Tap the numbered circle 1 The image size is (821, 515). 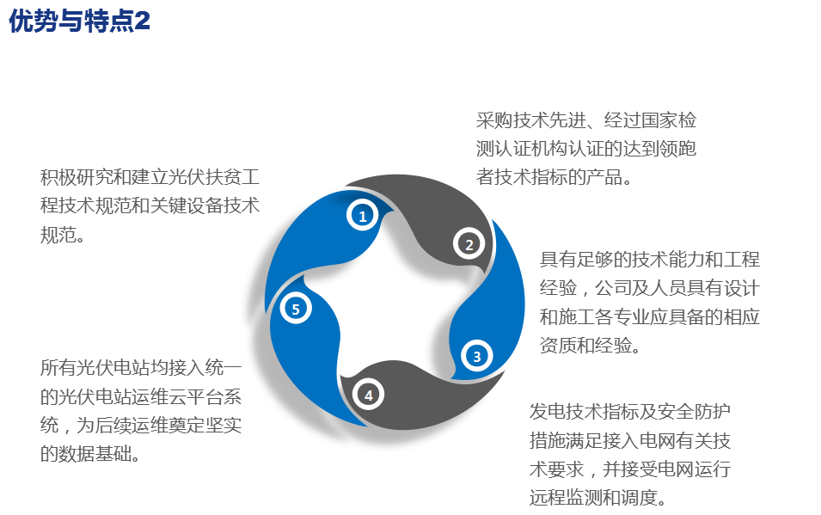[x=363, y=216]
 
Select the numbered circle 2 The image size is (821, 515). [x=469, y=244]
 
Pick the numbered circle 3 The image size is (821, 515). [x=477, y=355]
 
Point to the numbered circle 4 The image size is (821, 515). [x=368, y=395]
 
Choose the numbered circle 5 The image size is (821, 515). [x=296, y=309]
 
